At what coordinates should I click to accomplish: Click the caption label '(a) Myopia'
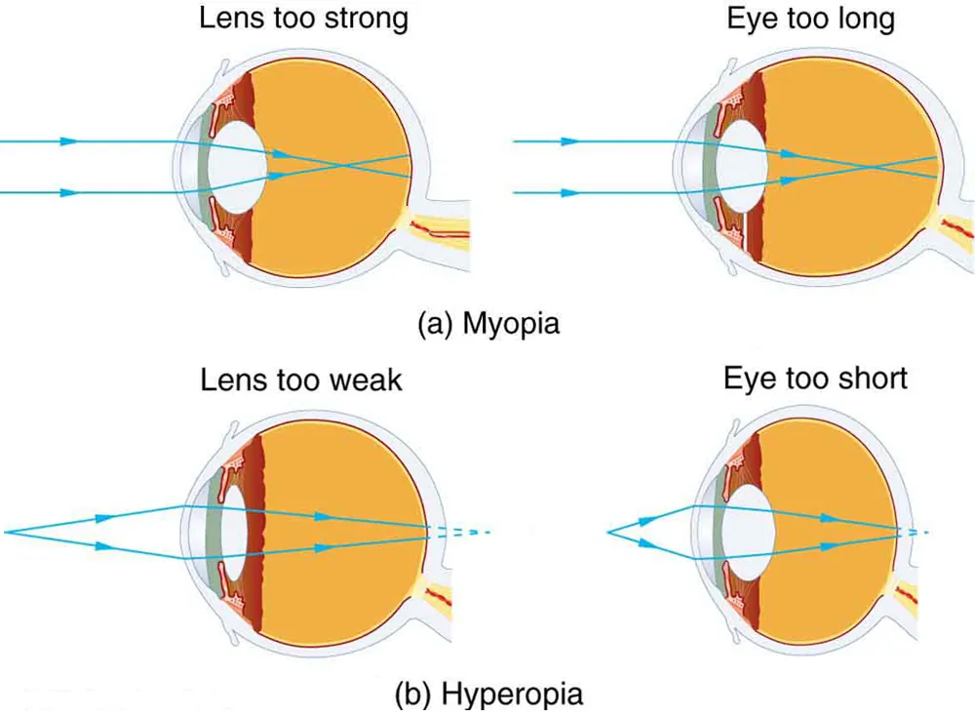[x=488, y=323]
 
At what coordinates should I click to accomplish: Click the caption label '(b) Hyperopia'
[x=488, y=694]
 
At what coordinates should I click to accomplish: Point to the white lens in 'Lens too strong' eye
[x=239, y=167]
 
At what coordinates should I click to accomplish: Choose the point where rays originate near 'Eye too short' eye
[x=609, y=532]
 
